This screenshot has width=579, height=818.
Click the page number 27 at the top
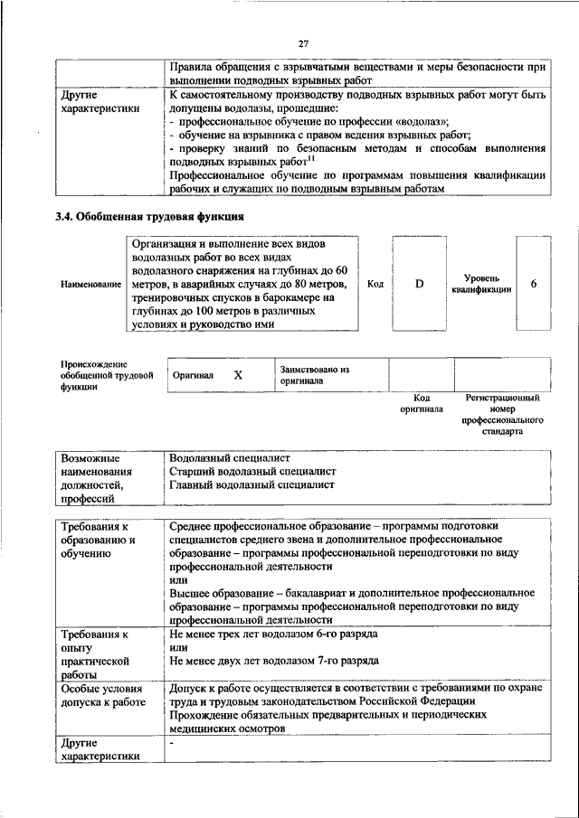[302, 42]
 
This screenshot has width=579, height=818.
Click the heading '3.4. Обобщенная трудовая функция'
[150, 217]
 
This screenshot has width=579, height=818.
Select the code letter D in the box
[420, 284]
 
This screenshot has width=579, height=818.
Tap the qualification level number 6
[534, 284]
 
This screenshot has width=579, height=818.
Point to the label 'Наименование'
[90, 285]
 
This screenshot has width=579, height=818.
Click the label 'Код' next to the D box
[375, 284]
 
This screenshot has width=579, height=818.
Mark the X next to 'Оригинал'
[238, 374]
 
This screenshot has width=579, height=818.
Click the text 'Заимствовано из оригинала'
[314, 375]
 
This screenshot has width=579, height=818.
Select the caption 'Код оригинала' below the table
[421, 403]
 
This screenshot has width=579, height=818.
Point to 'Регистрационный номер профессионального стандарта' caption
[502, 415]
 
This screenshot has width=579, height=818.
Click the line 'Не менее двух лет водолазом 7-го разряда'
[274, 661]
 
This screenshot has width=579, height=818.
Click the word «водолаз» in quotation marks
[422, 119]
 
